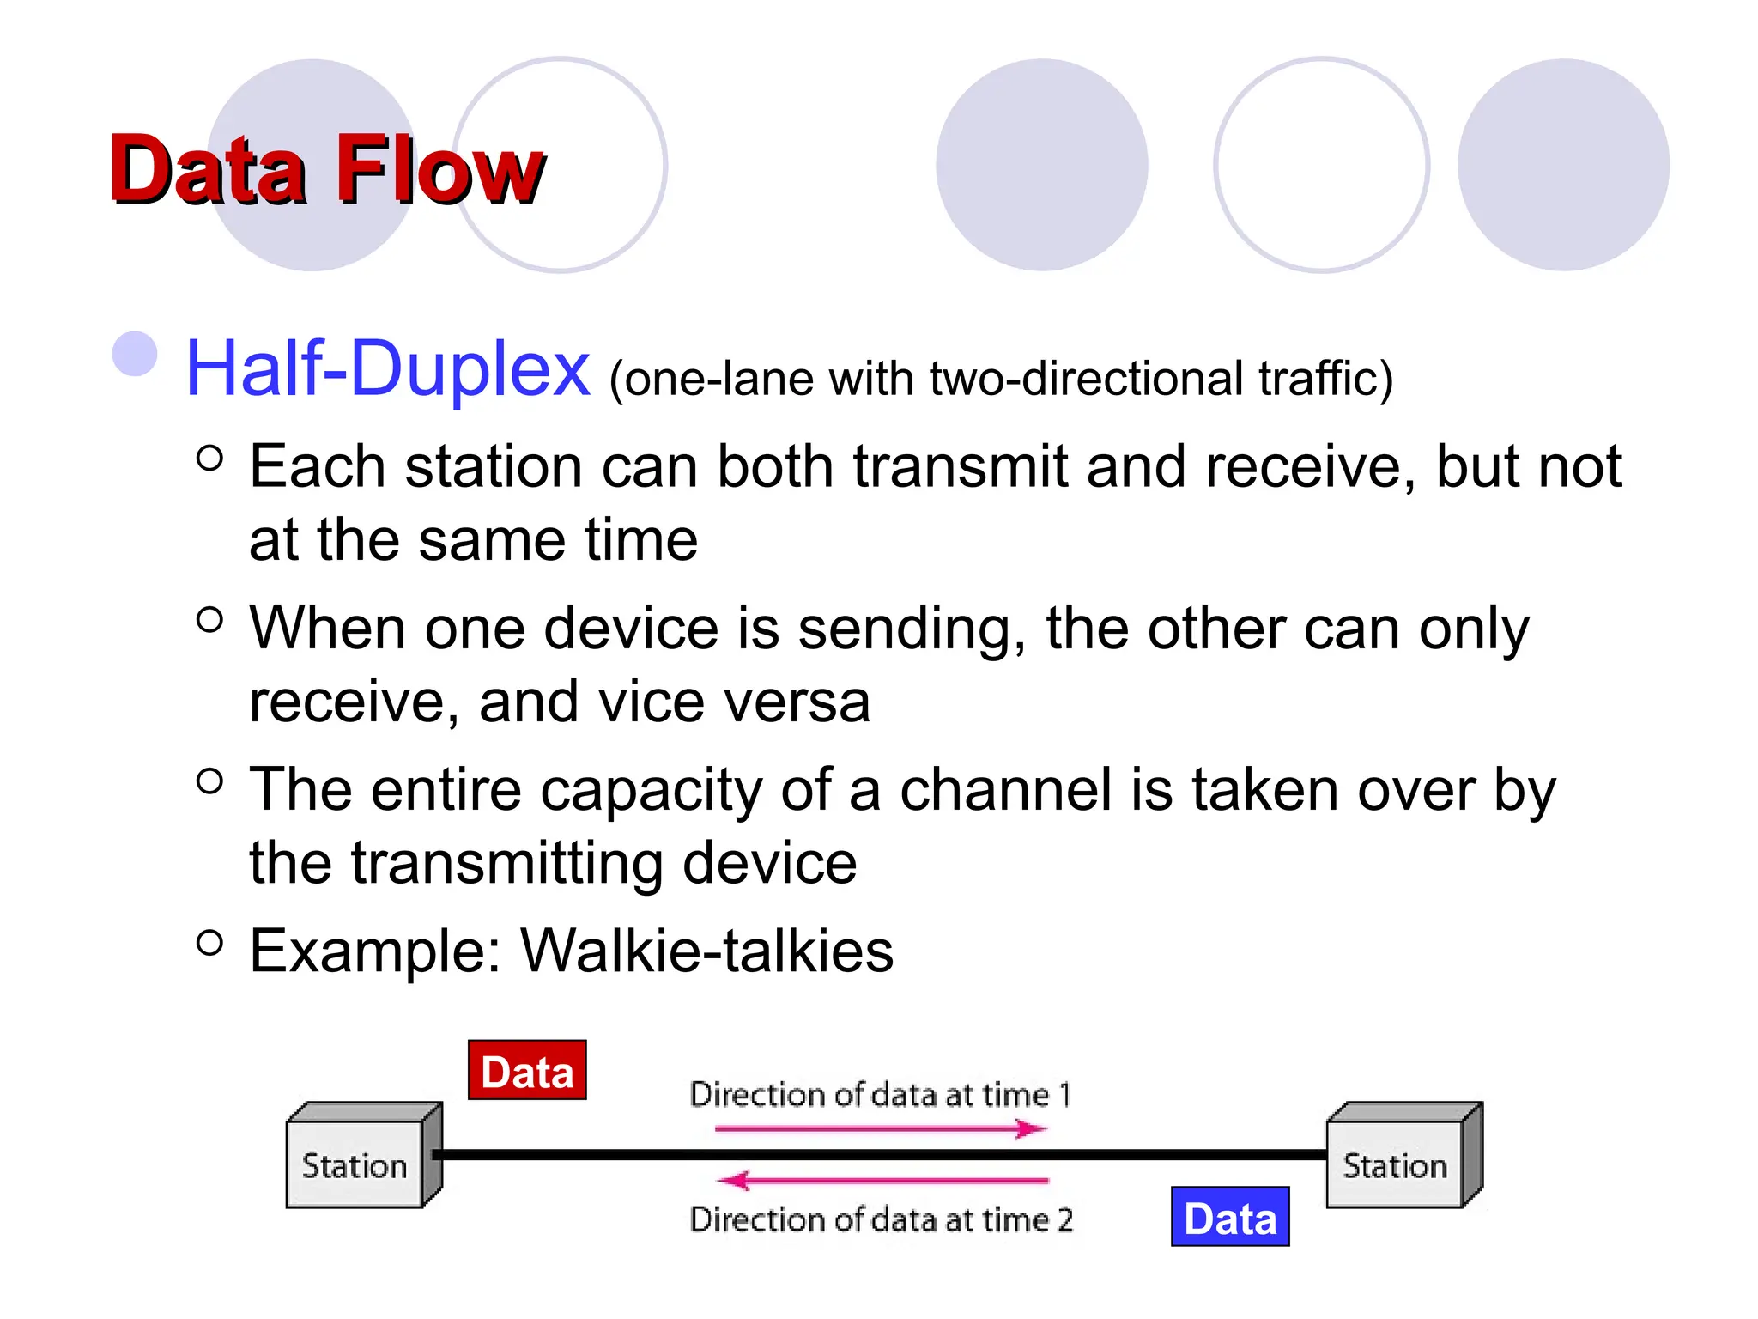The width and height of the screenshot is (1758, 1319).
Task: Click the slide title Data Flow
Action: (326, 169)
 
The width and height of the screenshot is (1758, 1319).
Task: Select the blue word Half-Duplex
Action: (387, 369)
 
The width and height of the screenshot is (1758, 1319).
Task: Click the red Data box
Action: (527, 1071)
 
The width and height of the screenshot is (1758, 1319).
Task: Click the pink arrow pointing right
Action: (880, 1128)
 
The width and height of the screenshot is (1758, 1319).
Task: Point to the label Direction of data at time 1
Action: (880, 1095)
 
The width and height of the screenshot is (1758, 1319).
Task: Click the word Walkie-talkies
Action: (707, 951)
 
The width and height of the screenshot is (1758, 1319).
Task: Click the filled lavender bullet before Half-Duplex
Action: (136, 354)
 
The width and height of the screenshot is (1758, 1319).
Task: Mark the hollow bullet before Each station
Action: (209, 458)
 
